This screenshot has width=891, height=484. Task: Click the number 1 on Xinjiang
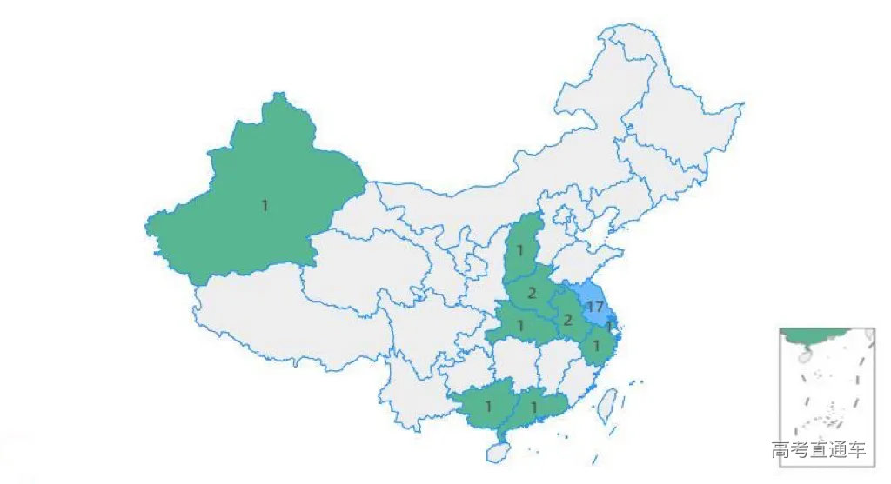coord(265,206)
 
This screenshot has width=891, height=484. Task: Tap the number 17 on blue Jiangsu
coord(595,307)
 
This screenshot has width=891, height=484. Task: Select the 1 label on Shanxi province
coord(519,251)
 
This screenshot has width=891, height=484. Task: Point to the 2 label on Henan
coord(532,293)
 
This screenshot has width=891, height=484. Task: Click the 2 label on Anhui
coord(567,321)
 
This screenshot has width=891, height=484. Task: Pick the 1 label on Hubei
coord(520,326)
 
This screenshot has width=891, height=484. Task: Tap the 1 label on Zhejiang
coord(596,346)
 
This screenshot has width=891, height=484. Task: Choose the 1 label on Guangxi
coord(488,406)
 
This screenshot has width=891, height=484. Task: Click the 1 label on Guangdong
coord(534,406)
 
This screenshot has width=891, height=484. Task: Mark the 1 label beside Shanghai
coord(611,326)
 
